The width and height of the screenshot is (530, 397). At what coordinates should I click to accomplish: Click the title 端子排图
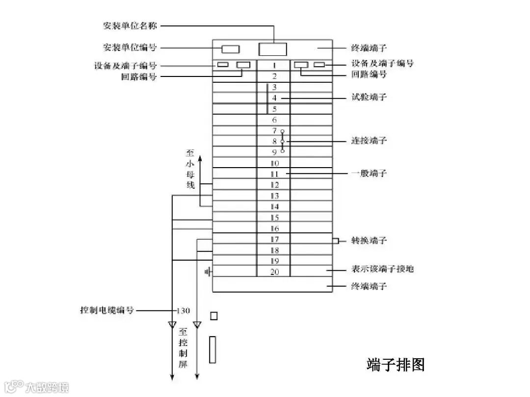pyautogui.click(x=396, y=365)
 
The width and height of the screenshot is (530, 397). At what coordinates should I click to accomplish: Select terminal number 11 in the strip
pyautogui.click(x=274, y=174)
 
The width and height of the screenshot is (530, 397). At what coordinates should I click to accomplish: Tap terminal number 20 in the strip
pyautogui.click(x=274, y=272)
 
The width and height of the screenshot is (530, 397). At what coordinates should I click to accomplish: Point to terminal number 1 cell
pyautogui.click(x=274, y=65)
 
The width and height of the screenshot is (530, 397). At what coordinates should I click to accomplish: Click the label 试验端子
pyautogui.click(x=369, y=97)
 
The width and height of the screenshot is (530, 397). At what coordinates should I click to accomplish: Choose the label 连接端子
pyautogui.click(x=369, y=141)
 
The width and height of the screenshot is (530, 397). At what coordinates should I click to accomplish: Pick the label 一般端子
pyautogui.click(x=369, y=173)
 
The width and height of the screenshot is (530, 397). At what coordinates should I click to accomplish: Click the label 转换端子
pyautogui.click(x=369, y=240)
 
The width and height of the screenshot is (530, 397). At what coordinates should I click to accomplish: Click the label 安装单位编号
pyautogui.click(x=130, y=48)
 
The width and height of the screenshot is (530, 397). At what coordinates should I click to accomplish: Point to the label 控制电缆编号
pyautogui.click(x=107, y=310)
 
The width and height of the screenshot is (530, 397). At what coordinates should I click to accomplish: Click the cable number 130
pyautogui.click(x=183, y=310)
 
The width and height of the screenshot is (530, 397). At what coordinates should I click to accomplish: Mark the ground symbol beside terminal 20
pyautogui.click(x=208, y=271)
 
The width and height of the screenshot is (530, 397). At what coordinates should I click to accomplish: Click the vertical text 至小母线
pyautogui.click(x=190, y=169)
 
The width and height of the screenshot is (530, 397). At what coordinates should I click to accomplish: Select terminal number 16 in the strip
pyautogui.click(x=274, y=228)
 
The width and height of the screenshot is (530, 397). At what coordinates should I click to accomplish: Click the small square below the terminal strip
pyautogui.click(x=213, y=316)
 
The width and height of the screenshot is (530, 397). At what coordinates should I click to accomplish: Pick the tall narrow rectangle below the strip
pyautogui.click(x=212, y=349)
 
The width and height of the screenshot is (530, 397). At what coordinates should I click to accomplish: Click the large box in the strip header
pyautogui.click(x=272, y=49)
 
